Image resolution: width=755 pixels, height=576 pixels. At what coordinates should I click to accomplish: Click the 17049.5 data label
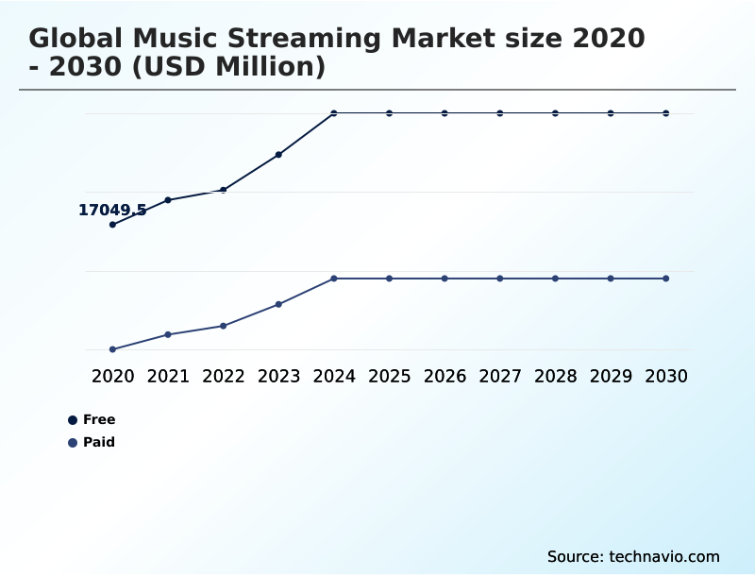click(112, 211)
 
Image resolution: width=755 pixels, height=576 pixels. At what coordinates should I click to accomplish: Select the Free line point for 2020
click(113, 225)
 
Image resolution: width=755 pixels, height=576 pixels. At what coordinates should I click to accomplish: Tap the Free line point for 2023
click(278, 154)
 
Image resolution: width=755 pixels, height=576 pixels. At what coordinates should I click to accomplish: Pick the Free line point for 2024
click(334, 113)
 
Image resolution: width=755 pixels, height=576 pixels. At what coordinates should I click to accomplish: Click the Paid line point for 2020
click(113, 349)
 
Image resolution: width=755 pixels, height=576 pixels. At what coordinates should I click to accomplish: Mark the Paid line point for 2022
click(224, 326)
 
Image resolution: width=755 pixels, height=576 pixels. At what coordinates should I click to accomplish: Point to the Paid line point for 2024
click(334, 279)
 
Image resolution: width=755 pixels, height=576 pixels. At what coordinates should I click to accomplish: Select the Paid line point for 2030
click(666, 279)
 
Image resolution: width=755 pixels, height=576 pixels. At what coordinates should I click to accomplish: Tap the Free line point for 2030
click(666, 113)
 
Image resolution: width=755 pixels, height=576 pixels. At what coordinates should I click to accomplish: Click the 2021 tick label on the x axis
click(168, 376)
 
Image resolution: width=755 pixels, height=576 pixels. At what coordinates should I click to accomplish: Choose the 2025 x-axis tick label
click(390, 376)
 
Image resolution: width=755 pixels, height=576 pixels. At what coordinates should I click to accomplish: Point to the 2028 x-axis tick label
click(555, 376)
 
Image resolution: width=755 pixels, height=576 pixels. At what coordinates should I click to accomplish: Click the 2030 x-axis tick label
click(666, 376)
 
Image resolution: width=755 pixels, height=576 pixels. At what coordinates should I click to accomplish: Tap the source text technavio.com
click(664, 556)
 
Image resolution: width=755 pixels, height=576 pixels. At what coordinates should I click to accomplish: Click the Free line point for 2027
click(500, 113)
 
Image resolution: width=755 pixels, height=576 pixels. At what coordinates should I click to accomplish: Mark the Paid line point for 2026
click(445, 279)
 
